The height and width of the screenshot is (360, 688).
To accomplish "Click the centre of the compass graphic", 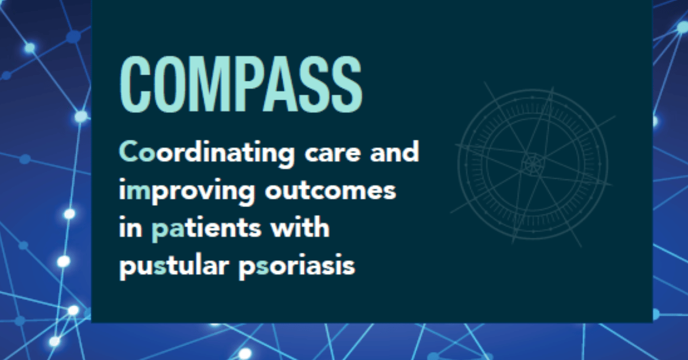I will point(533,164).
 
